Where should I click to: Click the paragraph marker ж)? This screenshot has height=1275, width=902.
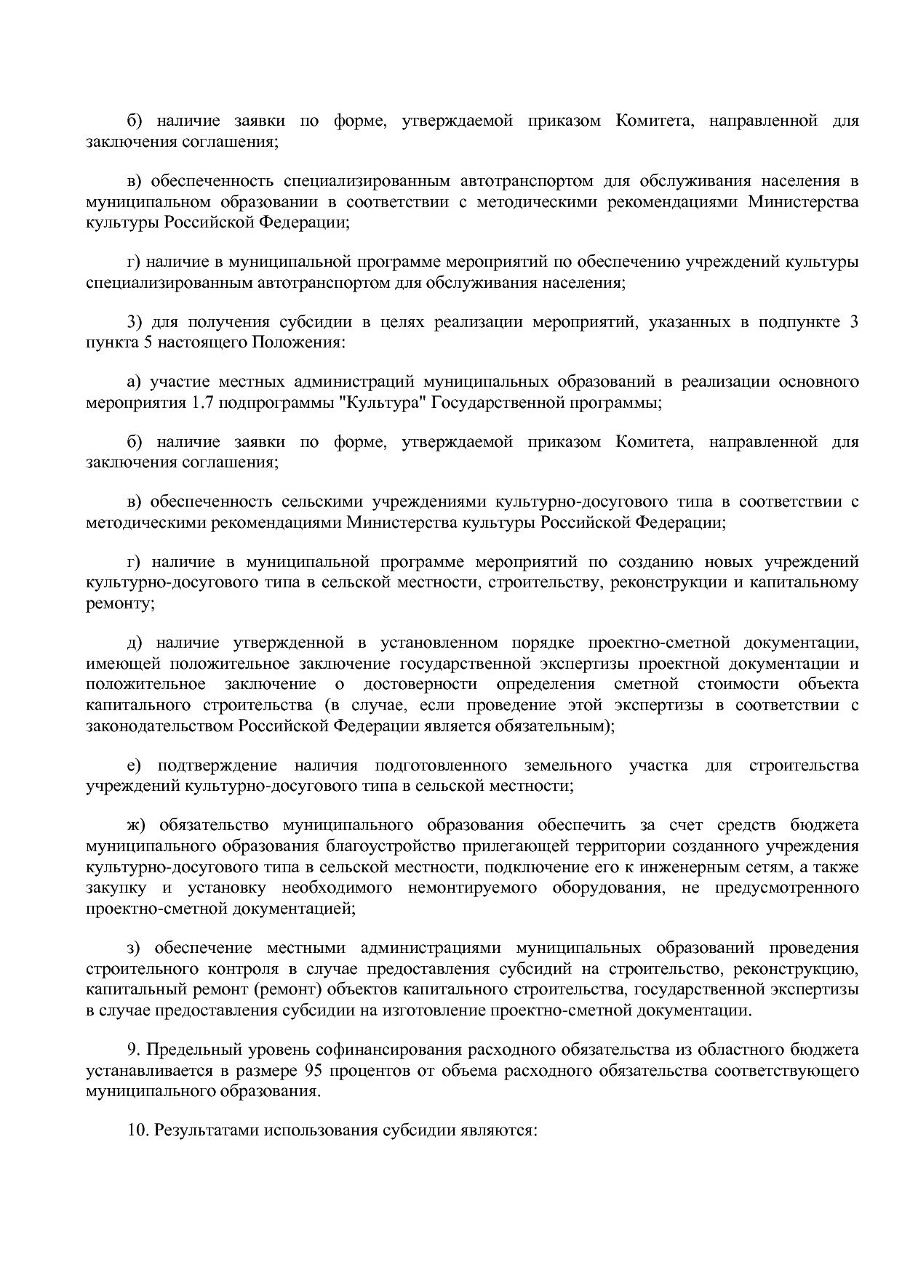[x=137, y=825]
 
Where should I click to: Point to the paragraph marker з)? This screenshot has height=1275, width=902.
[x=135, y=948]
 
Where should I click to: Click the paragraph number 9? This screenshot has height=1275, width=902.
[x=133, y=1050]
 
